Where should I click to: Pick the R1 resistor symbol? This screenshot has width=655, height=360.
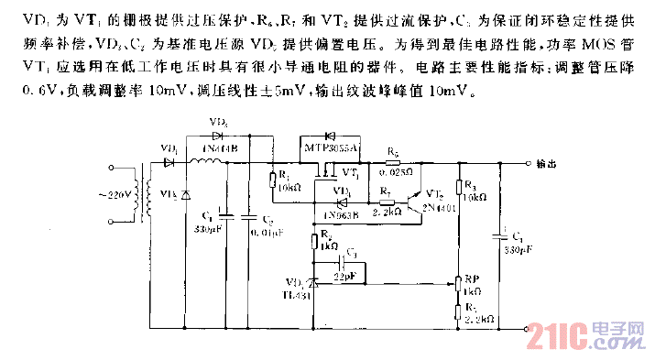point(272,179)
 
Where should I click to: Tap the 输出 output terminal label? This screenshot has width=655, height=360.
point(546,164)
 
